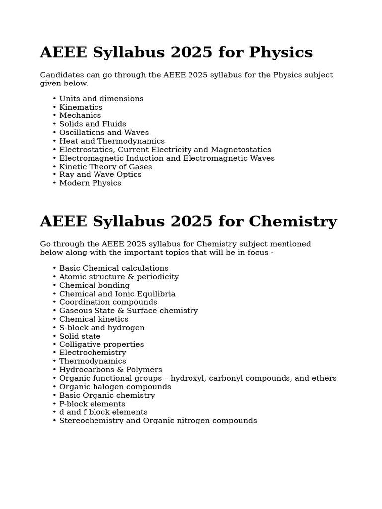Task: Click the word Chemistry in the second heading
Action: click(292, 222)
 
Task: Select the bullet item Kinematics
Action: click(81, 107)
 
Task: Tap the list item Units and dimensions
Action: click(101, 99)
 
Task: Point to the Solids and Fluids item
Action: click(93, 124)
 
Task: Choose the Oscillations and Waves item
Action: click(104, 133)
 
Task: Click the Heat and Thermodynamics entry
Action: click(111, 141)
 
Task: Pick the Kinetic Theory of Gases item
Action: click(105, 167)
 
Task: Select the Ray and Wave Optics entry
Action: click(100, 175)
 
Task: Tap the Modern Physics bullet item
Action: click(90, 183)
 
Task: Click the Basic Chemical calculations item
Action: click(113, 268)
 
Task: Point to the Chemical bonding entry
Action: click(94, 286)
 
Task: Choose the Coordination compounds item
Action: click(108, 302)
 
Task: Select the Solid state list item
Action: click(80, 337)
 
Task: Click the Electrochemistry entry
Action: click(93, 353)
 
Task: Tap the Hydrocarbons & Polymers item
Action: click(110, 370)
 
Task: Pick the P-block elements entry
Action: click(92, 404)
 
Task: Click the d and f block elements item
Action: click(103, 412)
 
